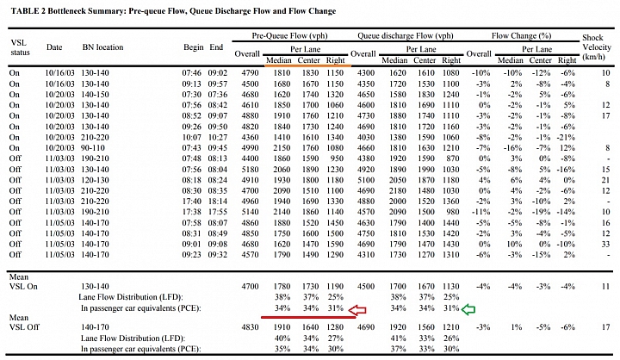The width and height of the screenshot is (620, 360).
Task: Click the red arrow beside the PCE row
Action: click(357, 310)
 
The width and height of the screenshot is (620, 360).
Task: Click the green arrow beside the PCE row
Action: click(468, 309)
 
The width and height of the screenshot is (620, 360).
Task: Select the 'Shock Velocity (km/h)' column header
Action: click(596, 47)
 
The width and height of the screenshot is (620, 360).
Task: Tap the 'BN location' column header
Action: click(102, 47)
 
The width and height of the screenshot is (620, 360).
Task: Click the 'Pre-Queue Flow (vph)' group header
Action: click(290, 35)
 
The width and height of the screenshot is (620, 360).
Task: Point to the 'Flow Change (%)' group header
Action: click(521, 35)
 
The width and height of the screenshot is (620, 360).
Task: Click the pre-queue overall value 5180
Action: click(250, 170)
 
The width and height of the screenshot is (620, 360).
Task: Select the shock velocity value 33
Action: click(605, 244)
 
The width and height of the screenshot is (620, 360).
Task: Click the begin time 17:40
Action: click(192, 201)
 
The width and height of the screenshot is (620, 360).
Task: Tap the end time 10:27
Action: click(218, 137)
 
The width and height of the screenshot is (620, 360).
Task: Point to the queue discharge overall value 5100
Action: click(366, 180)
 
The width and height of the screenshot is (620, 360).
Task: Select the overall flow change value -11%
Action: click(480, 212)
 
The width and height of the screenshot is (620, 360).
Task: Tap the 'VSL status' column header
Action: click(20, 47)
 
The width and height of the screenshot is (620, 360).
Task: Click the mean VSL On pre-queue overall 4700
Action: click(250, 287)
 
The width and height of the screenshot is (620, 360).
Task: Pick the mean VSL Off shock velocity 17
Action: click(605, 327)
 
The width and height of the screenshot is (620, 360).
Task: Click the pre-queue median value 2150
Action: click(282, 148)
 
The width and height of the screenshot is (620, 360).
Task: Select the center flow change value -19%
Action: click(541, 212)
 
